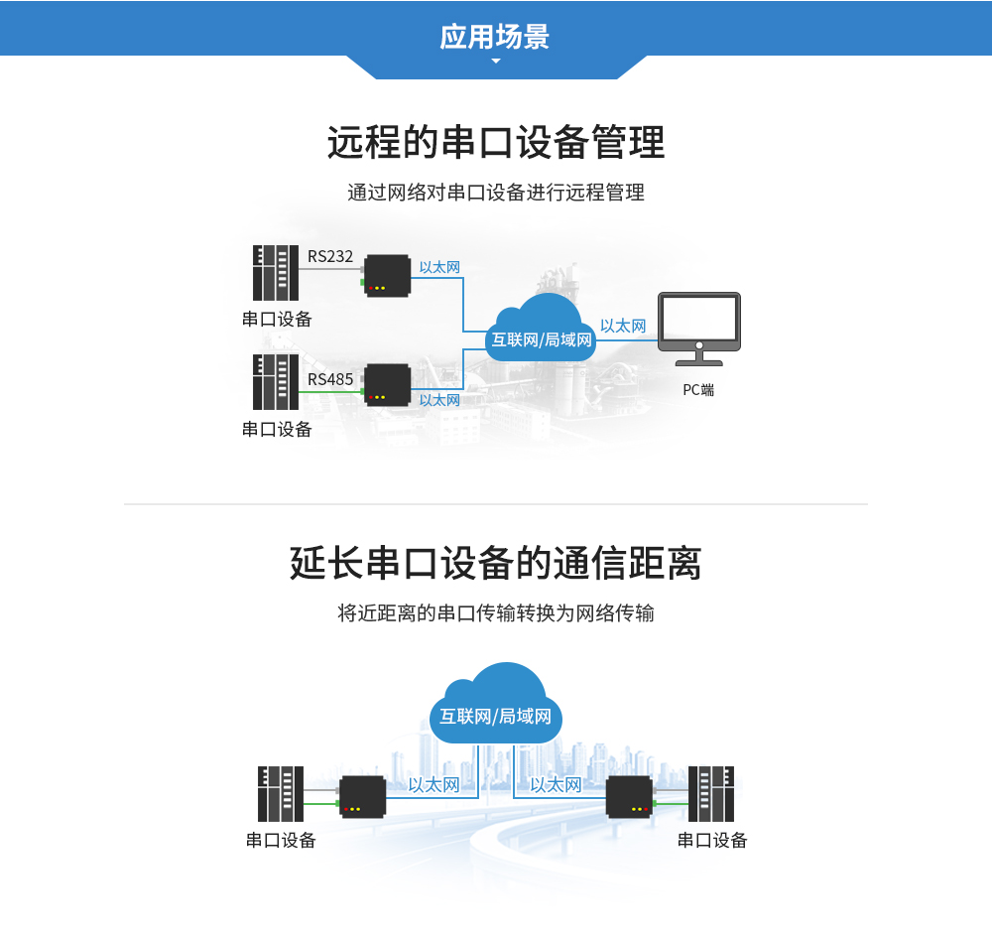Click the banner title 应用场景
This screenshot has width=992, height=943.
(495, 37)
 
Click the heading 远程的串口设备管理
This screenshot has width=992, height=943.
(496, 143)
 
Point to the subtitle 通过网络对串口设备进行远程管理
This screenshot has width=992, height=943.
(496, 193)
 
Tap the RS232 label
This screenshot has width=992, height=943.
(330, 256)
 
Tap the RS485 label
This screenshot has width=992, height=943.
(330, 379)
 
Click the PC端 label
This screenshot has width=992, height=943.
(698, 390)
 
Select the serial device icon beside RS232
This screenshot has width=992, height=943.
(275, 273)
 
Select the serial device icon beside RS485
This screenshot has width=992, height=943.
(275, 382)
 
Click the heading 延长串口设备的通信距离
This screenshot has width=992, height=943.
(496, 564)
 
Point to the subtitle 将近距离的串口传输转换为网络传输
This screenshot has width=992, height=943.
(496, 613)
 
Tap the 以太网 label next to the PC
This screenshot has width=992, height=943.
(623, 326)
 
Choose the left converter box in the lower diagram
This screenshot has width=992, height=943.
(362, 796)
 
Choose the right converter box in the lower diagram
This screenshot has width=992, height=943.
(629, 796)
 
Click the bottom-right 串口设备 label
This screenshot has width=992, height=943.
(712, 841)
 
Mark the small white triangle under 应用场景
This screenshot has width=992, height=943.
(496, 62)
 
